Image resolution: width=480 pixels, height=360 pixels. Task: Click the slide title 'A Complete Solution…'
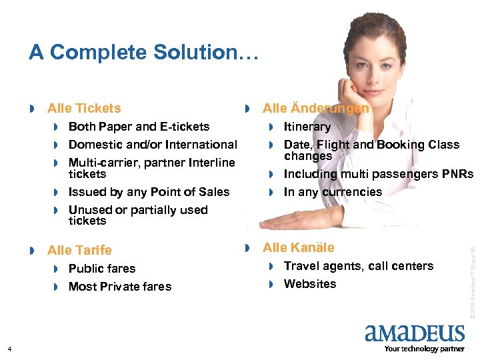tap(143, 52)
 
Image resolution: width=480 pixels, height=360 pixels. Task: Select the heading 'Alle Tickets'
tap(84, 108)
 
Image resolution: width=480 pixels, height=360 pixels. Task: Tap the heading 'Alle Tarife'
tap(79, 250)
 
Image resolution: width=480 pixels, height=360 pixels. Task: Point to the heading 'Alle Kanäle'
tap(298, 247)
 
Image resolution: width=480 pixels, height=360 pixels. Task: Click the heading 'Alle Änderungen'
tap(315, 108)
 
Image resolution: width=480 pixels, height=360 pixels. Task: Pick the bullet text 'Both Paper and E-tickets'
tap(139, 127)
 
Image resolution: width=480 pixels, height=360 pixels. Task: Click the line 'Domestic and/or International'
tap(153, 145)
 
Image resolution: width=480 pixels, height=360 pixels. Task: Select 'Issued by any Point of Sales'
tap(149, 192)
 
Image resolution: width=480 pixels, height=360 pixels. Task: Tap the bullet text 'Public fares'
tap(102, 269)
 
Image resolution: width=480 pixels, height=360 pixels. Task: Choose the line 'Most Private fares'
tap(120, 287)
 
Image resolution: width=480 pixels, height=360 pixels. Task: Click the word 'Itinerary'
tap(307, 127)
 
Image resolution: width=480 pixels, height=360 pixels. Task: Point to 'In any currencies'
tap(333, 192)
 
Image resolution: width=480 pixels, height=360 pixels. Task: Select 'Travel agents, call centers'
tap(358, 266)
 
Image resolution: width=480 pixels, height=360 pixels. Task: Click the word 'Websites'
tap(310, 284)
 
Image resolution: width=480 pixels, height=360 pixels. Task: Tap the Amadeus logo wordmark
tap(414, 333)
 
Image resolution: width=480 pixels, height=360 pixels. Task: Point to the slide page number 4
tap(9, 349)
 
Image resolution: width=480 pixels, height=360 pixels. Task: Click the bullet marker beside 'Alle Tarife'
tap(33, 251)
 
